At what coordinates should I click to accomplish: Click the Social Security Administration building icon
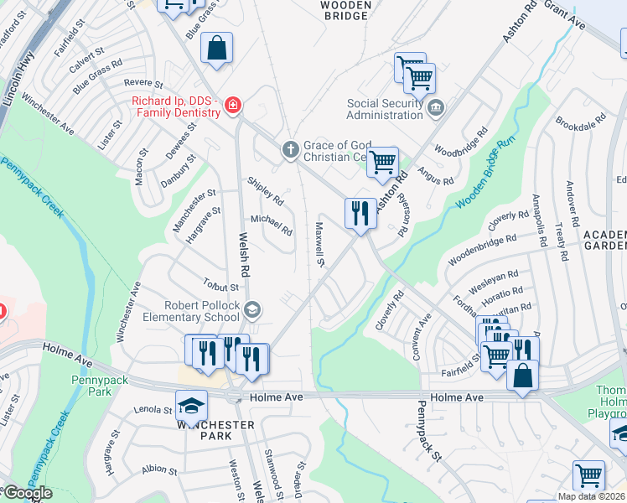click(x=436, y=106)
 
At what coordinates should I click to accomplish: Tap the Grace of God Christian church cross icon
click(x=290, y=150)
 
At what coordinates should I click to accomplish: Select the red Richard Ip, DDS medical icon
click(x=231, y=106)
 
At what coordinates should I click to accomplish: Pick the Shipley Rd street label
click(x=266, y=190)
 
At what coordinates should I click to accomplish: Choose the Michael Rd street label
click(x=272, y=225)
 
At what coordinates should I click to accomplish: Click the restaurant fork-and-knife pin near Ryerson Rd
click(x=361, y=214)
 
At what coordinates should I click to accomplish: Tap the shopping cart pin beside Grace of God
click(x=383, y=162)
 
